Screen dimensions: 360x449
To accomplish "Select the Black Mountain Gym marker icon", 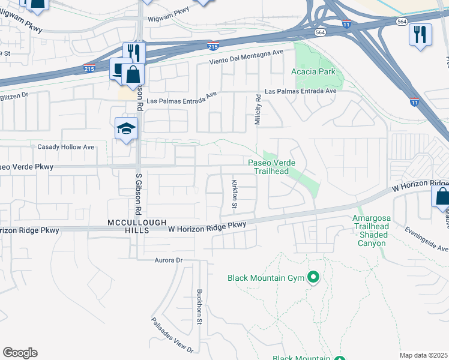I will coord(312,277).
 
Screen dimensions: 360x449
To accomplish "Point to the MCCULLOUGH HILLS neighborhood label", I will coord(137,226).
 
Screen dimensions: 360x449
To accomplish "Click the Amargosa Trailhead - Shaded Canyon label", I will coord(372,230).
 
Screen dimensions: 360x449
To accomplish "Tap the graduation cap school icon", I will coord(126,128).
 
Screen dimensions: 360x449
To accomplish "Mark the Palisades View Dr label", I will coord(172,335).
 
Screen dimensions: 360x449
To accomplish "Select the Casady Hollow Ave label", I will coord(66,147).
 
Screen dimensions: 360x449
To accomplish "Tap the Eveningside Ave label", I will coord(426,239).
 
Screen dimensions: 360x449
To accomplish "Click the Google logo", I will coord(20,353).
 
